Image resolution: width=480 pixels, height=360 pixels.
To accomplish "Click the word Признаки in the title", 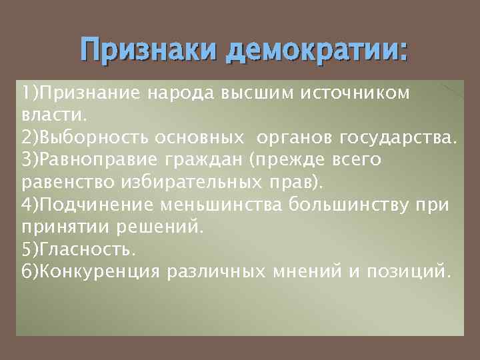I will [149, 51].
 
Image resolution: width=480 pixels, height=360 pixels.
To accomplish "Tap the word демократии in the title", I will [317, 51].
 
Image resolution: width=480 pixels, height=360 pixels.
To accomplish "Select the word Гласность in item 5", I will [87, 249].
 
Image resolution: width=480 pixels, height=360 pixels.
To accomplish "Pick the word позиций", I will [410, 272].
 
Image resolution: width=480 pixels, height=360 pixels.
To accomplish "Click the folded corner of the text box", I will [452, 93].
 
